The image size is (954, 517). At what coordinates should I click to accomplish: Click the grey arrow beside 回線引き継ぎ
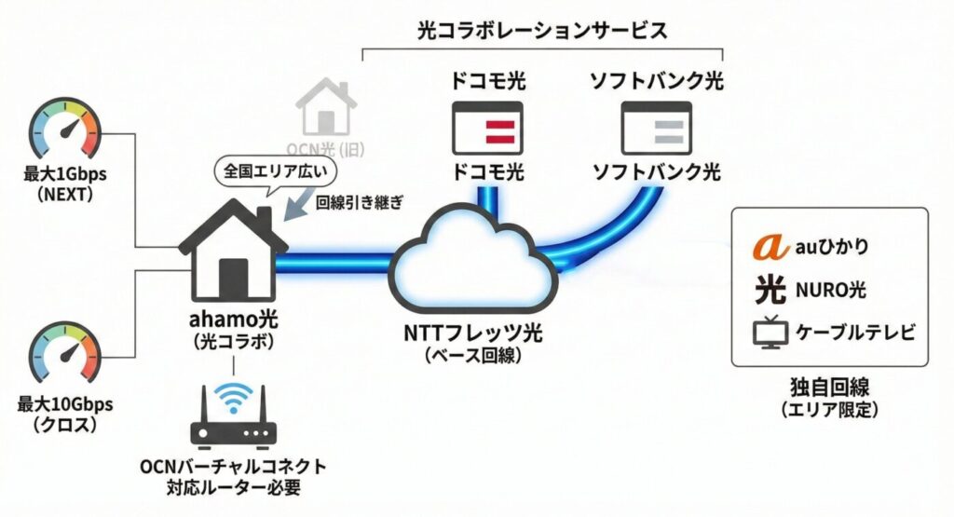coord(297,206)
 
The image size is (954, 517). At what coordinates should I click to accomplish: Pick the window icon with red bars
coord(487,129)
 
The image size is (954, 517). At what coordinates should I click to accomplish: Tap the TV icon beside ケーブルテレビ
coord(769,333)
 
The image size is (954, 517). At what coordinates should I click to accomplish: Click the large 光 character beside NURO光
coord(770,290)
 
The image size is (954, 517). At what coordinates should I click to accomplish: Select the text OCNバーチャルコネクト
coord(233,466)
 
